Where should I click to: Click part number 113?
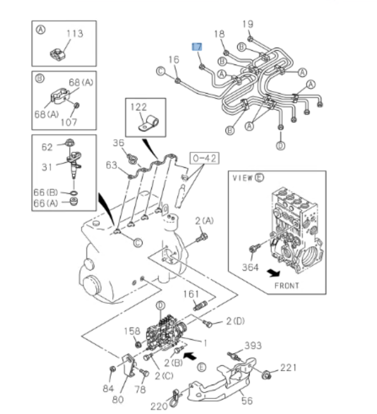tap(74, 34)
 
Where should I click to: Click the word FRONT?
tap(287, 285)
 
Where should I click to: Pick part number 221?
tap(288, 368)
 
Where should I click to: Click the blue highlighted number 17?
tap(197, 47)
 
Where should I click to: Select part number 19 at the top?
tap(248, 24)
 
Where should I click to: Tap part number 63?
tap(112, 165)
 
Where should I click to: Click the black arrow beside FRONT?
tap(272, 273)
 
